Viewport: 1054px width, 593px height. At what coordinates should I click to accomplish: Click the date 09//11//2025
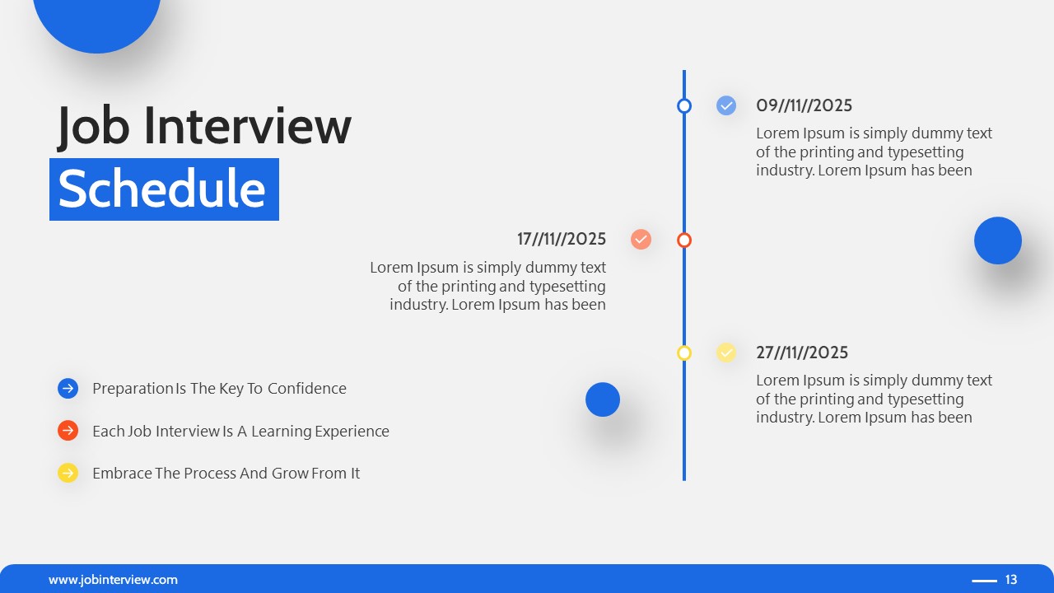(804, 105)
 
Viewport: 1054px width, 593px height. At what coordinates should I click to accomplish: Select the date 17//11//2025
(562, 239)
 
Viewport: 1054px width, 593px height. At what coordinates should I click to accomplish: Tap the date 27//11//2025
(802, 353)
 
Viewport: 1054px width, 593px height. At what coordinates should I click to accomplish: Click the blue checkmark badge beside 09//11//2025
(726, 105)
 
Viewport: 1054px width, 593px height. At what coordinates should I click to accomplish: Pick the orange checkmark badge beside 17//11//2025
(641, 239)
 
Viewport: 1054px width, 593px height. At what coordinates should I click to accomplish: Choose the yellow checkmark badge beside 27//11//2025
(726, 353)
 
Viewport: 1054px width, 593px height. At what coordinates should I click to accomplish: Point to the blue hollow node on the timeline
(684, 105)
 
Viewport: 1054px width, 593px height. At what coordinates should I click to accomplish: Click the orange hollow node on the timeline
(684, 240)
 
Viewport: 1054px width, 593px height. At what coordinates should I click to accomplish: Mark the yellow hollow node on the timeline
(684, 353)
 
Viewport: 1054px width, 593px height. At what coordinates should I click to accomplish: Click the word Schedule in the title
(162, 189)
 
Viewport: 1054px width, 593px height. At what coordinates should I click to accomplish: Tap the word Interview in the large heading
(248, 126)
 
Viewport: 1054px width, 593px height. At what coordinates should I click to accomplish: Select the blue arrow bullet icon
(68, 388)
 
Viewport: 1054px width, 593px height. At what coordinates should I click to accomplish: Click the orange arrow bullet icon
(68, 431)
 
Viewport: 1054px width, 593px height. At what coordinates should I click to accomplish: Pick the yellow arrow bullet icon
(68, 473)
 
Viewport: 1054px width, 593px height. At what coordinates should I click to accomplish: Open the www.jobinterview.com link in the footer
(113, 580)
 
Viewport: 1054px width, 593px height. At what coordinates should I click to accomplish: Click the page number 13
(1011, 580)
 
